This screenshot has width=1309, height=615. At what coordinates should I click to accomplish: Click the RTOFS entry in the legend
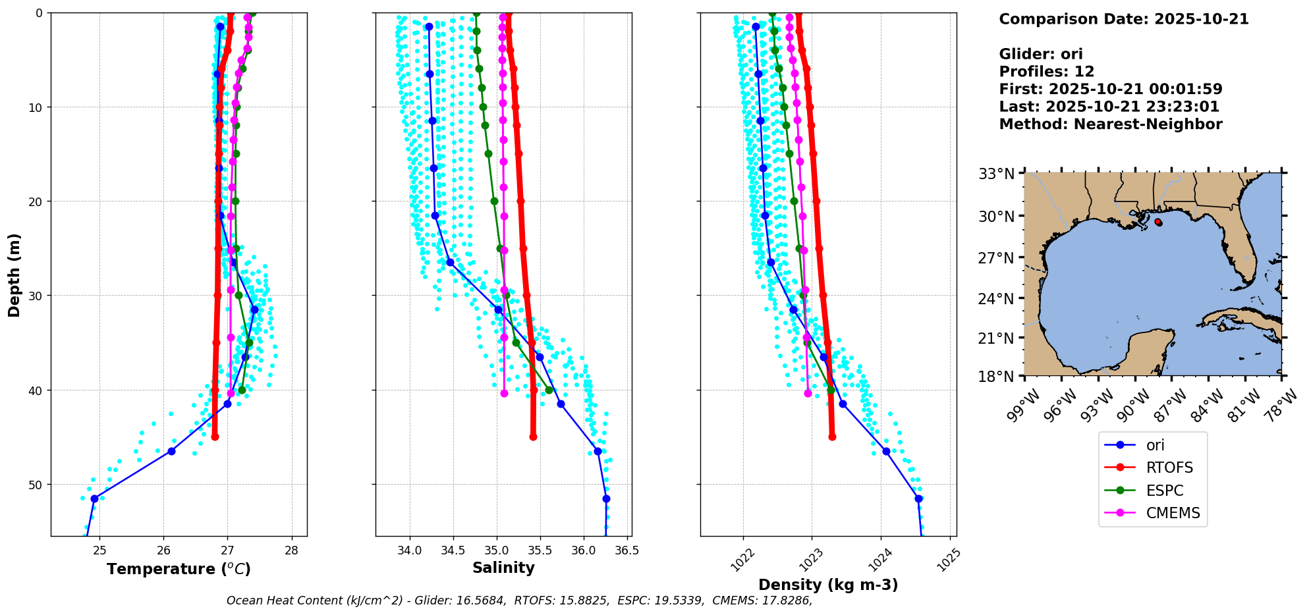coord(1169,468)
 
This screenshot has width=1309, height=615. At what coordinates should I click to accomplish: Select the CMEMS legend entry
coord(1173,513)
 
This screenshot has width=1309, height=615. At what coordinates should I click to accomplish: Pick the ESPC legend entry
coord(1165,491)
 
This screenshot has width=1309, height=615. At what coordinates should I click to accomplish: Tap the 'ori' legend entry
coord(1155,445)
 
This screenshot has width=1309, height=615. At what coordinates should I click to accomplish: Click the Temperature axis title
coord(179,569)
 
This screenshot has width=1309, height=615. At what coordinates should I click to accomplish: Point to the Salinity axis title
coord(503,568)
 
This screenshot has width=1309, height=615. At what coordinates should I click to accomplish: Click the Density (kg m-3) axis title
coord(828,585)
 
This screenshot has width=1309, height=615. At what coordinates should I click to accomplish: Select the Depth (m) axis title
coord(14,275)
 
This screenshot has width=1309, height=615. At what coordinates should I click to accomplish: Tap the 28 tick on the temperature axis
coord(292,550)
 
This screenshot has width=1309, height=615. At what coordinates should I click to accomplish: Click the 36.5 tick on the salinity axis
coord(627,550)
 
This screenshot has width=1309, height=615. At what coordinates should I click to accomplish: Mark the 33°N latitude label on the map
coord(995,174)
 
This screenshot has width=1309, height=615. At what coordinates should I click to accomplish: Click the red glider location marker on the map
coord(1159,223)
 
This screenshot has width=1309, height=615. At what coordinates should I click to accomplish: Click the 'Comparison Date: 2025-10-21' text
coord(1123,19)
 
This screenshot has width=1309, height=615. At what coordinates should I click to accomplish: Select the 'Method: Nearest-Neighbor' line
coord(1110,124)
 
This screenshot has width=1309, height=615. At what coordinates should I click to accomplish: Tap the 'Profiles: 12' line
coord(1046,72)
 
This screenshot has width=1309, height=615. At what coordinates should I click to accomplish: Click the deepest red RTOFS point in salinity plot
coord(533,437)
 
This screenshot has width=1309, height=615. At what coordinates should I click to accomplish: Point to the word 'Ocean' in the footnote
coord(242,601)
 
